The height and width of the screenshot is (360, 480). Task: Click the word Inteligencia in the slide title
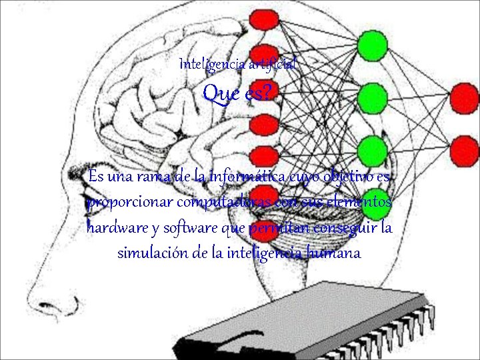click(213, 65)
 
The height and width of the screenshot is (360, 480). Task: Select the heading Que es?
click(237, 94)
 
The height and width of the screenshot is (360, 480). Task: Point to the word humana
click(334, 253)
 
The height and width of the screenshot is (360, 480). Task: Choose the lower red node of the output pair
click(464, 148)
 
